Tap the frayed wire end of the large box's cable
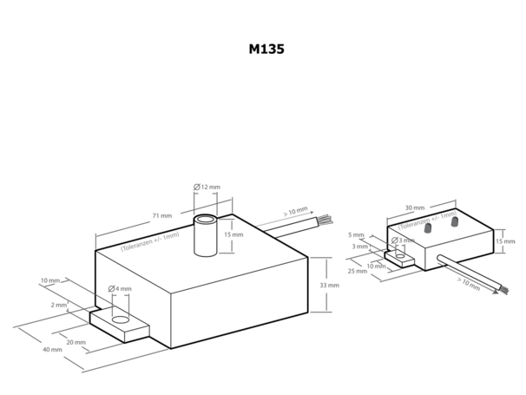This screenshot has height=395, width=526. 325,219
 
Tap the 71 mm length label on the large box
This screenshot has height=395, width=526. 162,216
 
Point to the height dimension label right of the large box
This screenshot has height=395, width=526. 329,285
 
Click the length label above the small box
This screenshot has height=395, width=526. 415,208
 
